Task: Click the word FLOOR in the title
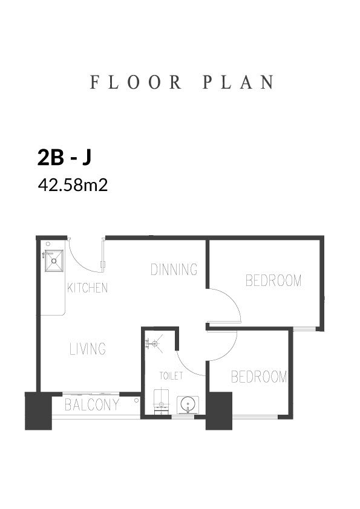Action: pos(136,82)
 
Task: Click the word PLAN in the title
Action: pos(238,82)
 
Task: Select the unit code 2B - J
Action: pos(64,158)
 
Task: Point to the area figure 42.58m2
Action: pos(73,186)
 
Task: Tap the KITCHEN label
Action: pos(87,288)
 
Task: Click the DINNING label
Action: pos(174,270)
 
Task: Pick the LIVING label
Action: pos(88,349)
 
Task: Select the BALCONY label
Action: pos(92,405)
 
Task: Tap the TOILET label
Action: pos(171,376)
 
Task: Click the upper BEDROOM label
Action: pos(273,280)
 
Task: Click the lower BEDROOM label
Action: pos(259,377)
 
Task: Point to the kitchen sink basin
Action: pos(54,261)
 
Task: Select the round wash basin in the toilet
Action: pos(188,404)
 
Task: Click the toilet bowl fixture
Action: pos(162,401)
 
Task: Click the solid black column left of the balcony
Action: pos(39,411)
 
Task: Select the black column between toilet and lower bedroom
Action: pos(219,411)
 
